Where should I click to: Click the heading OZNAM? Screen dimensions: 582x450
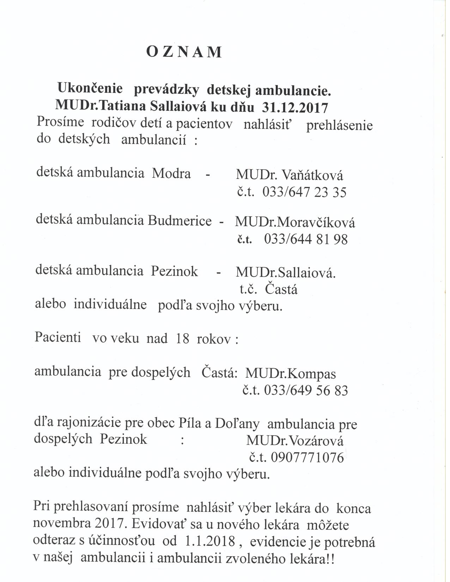click(184, 52)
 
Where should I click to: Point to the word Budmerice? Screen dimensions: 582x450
click(180, 221)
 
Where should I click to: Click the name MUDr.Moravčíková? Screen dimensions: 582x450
click(295, 222)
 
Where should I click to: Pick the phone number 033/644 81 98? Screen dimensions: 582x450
click(305, 240)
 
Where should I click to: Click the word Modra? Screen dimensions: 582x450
click(171, 174)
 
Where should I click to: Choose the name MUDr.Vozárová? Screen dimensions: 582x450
click(295, 441)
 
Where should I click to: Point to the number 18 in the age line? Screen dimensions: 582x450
click(182, 339)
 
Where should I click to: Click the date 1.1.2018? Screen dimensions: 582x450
click(210, 542)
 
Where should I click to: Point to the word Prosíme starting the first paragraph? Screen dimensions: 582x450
click(60, 122)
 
